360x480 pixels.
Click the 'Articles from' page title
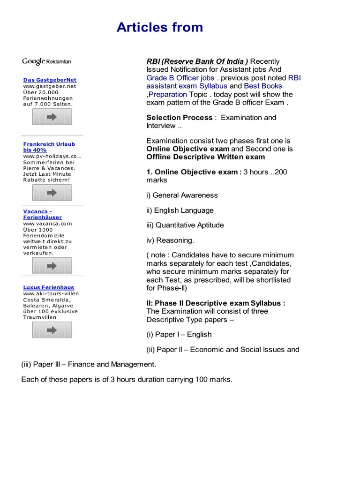pos(160,27)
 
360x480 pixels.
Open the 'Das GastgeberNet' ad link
pos(50,80)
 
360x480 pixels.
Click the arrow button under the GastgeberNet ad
pos(52,117)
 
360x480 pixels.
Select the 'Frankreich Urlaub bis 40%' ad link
pos(49,147)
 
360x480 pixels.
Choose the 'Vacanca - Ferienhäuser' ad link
pos(42,214)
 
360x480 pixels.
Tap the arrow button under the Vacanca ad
pos(52,266)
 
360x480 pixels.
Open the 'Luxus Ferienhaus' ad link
pos(49,287)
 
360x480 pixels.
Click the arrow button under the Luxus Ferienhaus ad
pos(52,330)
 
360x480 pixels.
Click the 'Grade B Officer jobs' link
pos(180,78)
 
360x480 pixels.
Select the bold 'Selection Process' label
pos(179,118)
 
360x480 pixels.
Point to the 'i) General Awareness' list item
pos(182,195)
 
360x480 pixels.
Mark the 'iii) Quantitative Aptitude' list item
pos(185,225)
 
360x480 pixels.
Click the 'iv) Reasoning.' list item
pos(170,240)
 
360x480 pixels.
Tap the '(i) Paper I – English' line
pos(179,334)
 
